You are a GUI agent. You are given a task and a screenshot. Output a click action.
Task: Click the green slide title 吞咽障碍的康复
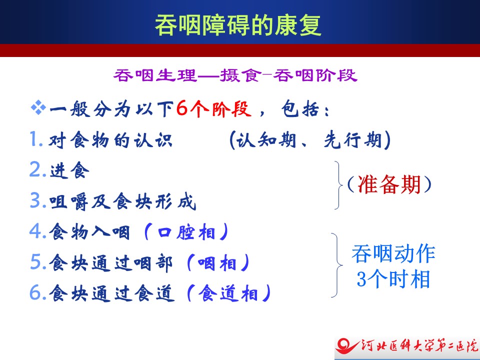click(238, 25)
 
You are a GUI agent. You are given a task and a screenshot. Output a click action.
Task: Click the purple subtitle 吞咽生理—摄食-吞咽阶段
click(235, 75)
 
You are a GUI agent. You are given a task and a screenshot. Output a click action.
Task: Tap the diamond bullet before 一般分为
click(38, 108)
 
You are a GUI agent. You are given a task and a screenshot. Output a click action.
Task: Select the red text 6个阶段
click(213, 108)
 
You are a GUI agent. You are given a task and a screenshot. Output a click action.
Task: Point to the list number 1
click(36, 139)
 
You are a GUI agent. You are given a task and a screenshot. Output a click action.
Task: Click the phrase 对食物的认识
click(110, 140)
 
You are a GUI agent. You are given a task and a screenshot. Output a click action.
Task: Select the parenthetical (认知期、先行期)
click(310, 140)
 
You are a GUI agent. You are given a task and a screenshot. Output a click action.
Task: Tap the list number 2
click(38, 169)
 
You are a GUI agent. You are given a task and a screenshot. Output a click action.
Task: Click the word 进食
click(69, 170)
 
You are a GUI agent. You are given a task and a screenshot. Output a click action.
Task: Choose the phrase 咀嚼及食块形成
click(122, 201)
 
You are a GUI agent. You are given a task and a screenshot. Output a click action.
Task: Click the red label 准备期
click(389, 185)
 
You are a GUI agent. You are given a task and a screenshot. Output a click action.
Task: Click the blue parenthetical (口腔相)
click(186, 232)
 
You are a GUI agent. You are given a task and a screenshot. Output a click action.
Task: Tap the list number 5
click(38, 262)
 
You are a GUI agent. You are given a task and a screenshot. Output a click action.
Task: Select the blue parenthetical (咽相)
click(218, 263)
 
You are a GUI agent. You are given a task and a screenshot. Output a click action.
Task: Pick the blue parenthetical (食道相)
click(228, 293)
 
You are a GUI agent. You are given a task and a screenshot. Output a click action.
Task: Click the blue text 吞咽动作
click(393, 253)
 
